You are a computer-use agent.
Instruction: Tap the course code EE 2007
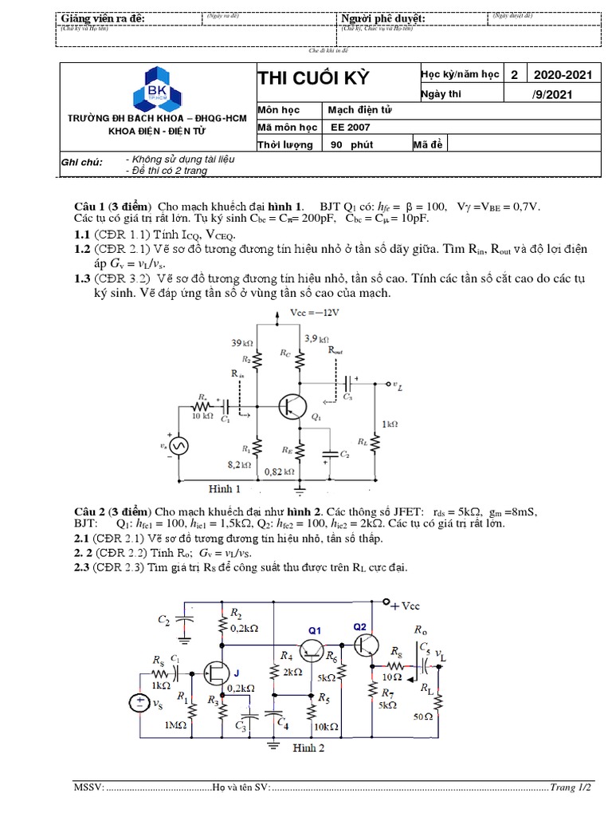[350, 126]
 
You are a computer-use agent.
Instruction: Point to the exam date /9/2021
[563, 94]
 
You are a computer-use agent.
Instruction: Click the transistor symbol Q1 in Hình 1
[292, 406]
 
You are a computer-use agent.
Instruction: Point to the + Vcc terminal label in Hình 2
[405, 606]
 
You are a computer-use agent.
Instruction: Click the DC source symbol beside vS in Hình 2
[140, 703]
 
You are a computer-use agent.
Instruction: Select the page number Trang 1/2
[573, 787]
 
